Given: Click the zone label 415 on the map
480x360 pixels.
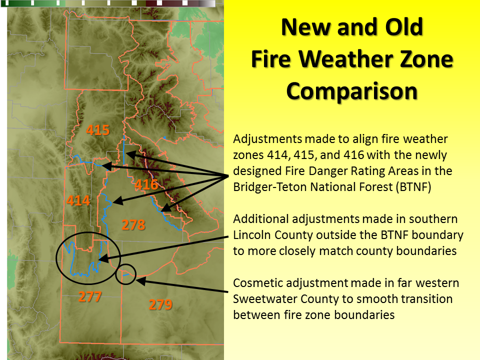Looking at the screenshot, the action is pyautogui.click(x=97, y=130).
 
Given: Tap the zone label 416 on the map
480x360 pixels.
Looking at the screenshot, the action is pyautogui.click(x=146, y=184).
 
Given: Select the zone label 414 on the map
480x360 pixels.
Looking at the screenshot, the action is pyautogui.click(x=78, y=201).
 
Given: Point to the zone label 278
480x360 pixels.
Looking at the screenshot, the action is pyautogui.click(x=133, y=225).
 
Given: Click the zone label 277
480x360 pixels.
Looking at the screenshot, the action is pyautogui.click(x=90, y=296).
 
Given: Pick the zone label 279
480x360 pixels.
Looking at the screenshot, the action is pyautogui.click(x=160, y=304).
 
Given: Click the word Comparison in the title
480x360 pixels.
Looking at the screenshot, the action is pyautogui.click(x=352, y=91).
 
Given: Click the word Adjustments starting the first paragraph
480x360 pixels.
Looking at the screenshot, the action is pyautogui.click(x=267, y=139).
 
